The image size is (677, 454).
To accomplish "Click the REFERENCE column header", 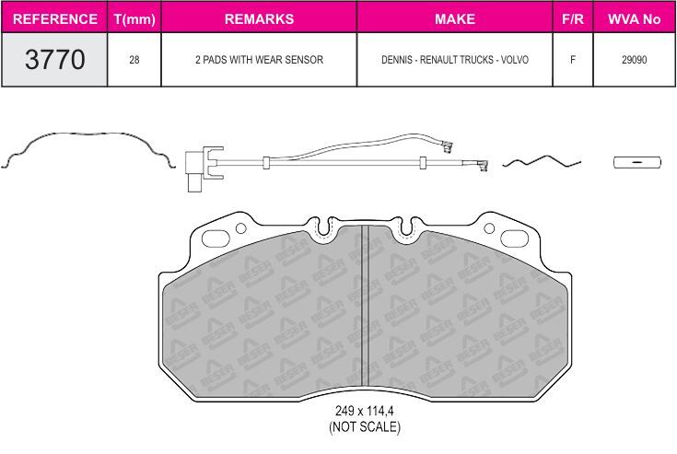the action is point(55,19).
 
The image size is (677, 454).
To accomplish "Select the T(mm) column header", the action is point(134,19).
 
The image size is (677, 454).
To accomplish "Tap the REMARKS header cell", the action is point(259,19).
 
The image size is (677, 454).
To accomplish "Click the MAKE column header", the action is point(455,19).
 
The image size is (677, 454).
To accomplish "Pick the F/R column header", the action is point(573,19).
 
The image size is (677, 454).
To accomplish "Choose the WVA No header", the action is point(634,19).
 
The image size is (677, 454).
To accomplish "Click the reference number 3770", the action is point(55,59).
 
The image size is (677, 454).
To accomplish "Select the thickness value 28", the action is point(134,60).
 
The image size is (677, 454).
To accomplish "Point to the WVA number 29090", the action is point(635,60).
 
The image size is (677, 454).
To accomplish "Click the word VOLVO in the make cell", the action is point(515,60).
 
